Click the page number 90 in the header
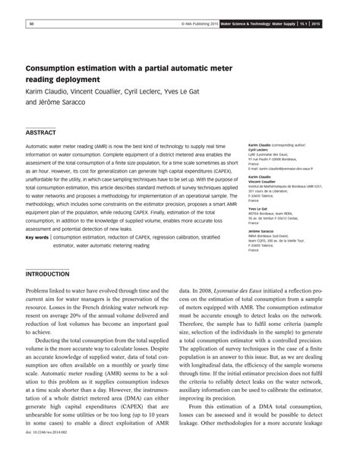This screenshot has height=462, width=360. pyautogui.click(x=31, y=24)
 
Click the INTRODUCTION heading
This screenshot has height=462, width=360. pyautogui.click(x=48, y=273)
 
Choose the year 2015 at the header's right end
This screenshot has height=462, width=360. pyautogui.click(x=337, y=24)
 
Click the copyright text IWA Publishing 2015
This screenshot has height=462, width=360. pyautogui.click(x=202, y=24)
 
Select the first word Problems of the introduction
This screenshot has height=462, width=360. pyautogui.click(x=39, y=290)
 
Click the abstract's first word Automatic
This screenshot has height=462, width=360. pyautogui.click(x=40, y=144)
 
